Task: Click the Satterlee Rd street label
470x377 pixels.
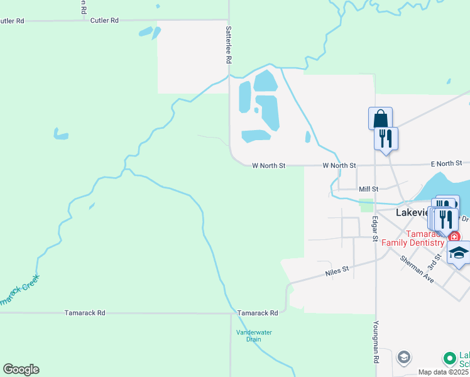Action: click(229, 44)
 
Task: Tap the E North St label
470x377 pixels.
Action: click(447, 164)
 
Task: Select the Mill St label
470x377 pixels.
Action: click(368, 188)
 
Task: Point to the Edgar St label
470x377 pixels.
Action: click(374, 229)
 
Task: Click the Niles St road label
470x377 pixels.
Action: click(336, 273)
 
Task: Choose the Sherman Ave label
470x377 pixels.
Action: click(418, 269)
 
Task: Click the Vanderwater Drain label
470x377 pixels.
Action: click(249, 336)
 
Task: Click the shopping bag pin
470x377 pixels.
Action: click(380, 118)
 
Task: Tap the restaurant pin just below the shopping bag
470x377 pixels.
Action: click(386, 138)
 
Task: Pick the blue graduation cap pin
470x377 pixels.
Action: click(459, 254)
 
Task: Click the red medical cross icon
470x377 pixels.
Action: click(454, 237)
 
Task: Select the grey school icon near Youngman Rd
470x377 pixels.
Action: click(404, 358)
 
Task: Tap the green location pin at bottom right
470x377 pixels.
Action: click(449, 359)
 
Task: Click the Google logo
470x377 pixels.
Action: click(21, 369)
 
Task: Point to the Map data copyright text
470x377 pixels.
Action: click(444, 372)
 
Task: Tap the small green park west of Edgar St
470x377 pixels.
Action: click(365, 205)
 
